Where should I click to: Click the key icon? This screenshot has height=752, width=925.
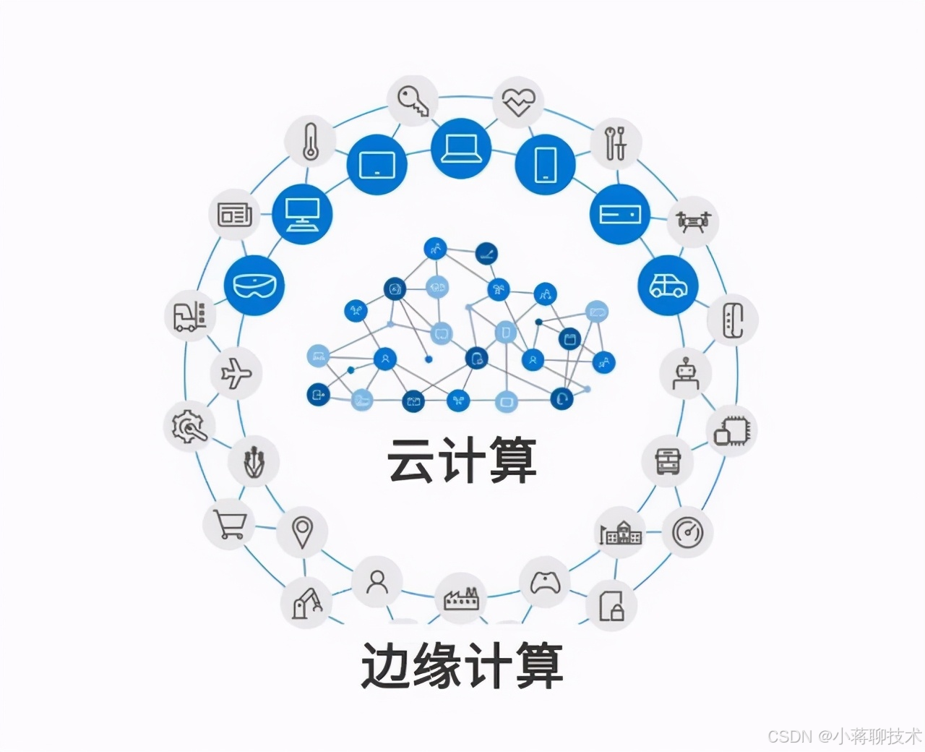point(413,101)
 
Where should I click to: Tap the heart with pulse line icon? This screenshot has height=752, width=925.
point(519,103)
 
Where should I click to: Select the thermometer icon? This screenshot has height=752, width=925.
point(310,140)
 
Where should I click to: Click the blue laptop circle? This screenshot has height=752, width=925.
point(460,148)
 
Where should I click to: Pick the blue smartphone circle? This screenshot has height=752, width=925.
point(545,164)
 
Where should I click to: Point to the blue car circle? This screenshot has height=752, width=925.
point(668,285)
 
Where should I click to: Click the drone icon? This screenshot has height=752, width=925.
point(693,220)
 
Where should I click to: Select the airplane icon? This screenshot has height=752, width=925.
point(236,374)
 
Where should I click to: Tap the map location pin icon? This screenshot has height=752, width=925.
point(301,532)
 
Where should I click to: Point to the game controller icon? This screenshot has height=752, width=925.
point(546,582)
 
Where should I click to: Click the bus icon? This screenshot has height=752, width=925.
point(668,461)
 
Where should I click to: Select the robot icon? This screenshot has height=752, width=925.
point(684,372)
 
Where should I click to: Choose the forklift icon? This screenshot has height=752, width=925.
point(190,316)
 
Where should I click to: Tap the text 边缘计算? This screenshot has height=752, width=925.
point(462,665)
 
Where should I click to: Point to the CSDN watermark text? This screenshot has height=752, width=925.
point(843,736)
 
